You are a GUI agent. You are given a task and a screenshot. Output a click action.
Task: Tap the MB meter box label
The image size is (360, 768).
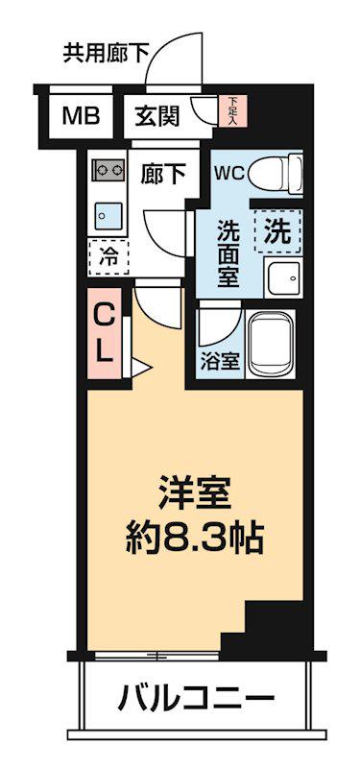click(x=80, y=116)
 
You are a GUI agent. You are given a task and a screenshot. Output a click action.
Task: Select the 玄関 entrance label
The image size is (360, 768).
click(x=156, y=116)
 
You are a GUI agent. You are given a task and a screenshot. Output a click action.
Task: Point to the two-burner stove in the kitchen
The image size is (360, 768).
click(x=107, y=171)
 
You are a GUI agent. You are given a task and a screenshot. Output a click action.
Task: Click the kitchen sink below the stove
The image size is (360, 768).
click(x=107, y=212)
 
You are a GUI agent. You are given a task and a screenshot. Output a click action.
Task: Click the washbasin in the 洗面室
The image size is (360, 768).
click(x=283, y=277)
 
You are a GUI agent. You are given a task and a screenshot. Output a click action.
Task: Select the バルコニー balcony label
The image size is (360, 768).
click(x=196, y=698)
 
